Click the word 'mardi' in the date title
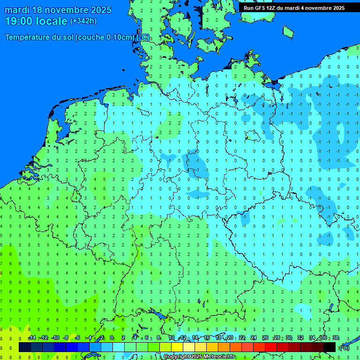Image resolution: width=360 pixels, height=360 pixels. pos(17,10)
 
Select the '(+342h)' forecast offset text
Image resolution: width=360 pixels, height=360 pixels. pos(83,21)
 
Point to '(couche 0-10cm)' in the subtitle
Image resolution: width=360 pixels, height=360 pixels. pos(105,37)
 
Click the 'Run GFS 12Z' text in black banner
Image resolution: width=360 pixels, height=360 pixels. pos(259,8)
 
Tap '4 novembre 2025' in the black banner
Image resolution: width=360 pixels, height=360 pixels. pos(321,8)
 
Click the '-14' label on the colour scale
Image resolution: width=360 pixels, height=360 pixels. pos(32,338)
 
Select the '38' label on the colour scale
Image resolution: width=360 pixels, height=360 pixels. pos(335,338)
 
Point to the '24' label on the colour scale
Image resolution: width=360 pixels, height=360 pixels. pos(254,338)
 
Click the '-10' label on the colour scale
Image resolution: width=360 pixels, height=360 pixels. pos(55,338)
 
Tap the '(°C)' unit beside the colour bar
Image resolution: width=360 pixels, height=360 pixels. pos(344,347)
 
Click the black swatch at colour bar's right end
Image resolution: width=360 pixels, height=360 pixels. pos(330,347)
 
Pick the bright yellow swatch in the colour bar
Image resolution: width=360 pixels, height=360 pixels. pos(177,347)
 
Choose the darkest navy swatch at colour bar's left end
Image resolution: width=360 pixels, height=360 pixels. pos(25,347)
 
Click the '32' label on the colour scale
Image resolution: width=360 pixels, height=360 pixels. pos(300,338)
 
